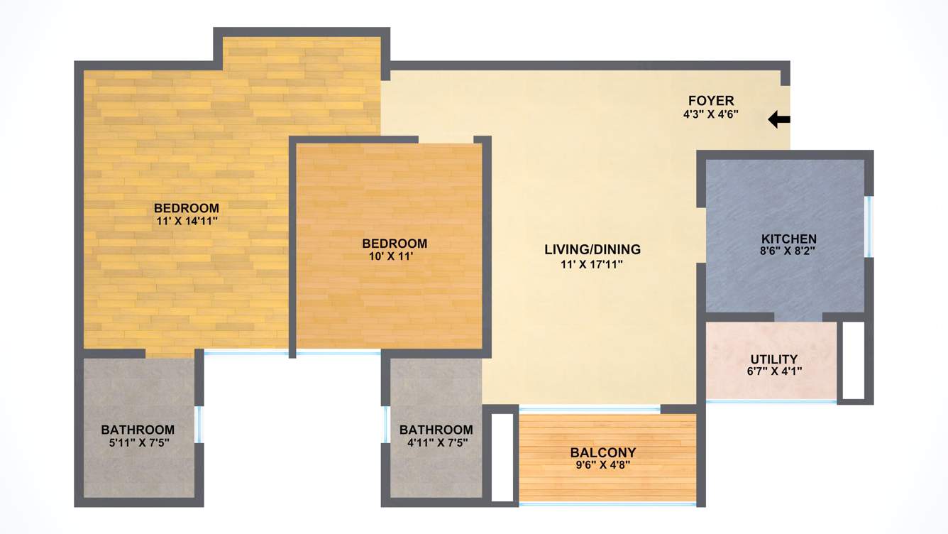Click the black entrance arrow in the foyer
pos(779,120)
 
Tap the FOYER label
pos(711,101)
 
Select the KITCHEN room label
pos(788,239)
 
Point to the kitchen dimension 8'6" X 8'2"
pos(788,251)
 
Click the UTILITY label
pos(773,359)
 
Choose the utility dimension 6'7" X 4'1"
pos(773,371)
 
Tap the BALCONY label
pos(603,453)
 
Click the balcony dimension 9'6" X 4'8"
pos(603,465)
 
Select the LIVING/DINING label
pos(592,250)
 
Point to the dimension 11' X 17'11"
pos(592,264)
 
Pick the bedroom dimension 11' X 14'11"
pos(187,221)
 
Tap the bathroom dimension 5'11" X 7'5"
pos(138,442)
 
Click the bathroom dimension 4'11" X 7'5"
pos(436,442)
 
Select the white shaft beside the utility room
pos(852,360)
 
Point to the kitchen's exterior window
pos(868,226)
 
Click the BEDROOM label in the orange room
pos(394,244)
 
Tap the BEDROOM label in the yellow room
pos(187,208)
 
